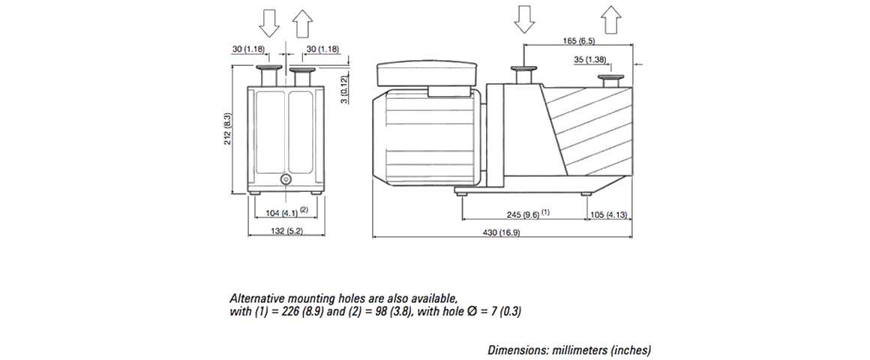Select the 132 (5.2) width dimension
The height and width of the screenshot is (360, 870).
[286, 232]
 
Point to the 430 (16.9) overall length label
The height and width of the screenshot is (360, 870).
[503, 232]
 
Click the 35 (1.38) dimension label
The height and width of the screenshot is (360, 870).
[590, 58]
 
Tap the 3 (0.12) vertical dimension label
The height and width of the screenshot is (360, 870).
[342, 89]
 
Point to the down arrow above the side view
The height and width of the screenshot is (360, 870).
[524, 18]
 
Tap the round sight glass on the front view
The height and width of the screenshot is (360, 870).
[286, 180]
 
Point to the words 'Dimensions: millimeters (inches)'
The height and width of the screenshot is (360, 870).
[569, 349]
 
